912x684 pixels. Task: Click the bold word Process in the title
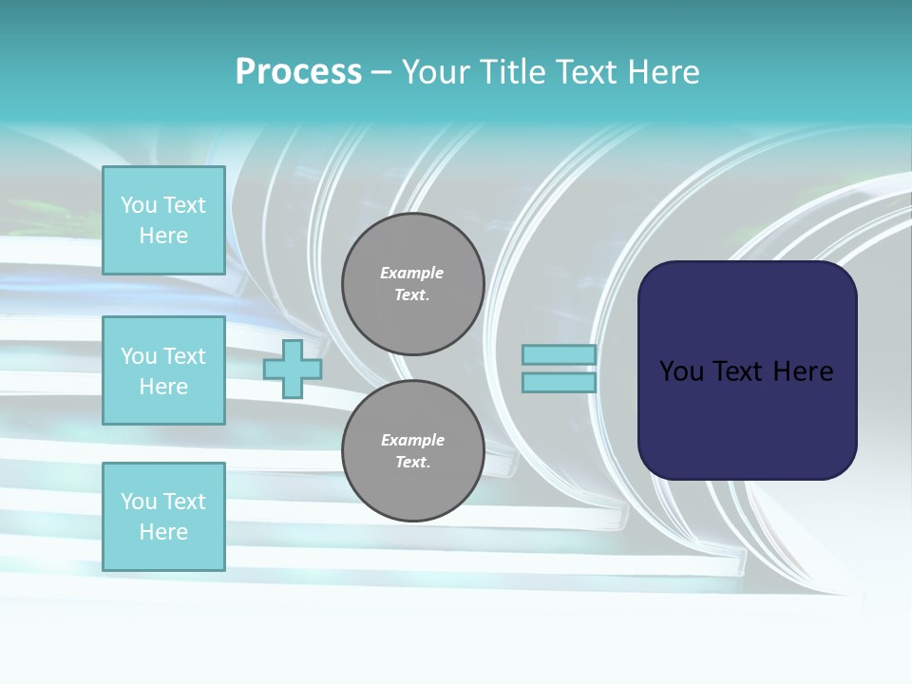point(298,72)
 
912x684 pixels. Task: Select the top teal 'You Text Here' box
point(163,220)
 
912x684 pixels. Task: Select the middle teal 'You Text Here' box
point(163,370)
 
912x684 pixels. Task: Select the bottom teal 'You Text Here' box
point(163,516)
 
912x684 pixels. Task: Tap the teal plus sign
point(293,369)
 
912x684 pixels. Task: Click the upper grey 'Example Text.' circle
point(412,284)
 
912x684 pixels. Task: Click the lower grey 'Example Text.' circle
point(412,451)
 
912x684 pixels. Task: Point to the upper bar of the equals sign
point(559,355)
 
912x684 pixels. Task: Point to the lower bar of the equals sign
point(559,382)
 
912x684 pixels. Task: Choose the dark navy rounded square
point(747,370)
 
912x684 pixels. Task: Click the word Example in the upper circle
point(412,273)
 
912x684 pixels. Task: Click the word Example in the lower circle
point(412,440)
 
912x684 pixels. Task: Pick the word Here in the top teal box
point(163,236)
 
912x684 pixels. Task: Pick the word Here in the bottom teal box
point(163,532)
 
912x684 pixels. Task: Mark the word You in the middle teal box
point(139,356)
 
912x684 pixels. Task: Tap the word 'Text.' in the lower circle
point(412,463)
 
